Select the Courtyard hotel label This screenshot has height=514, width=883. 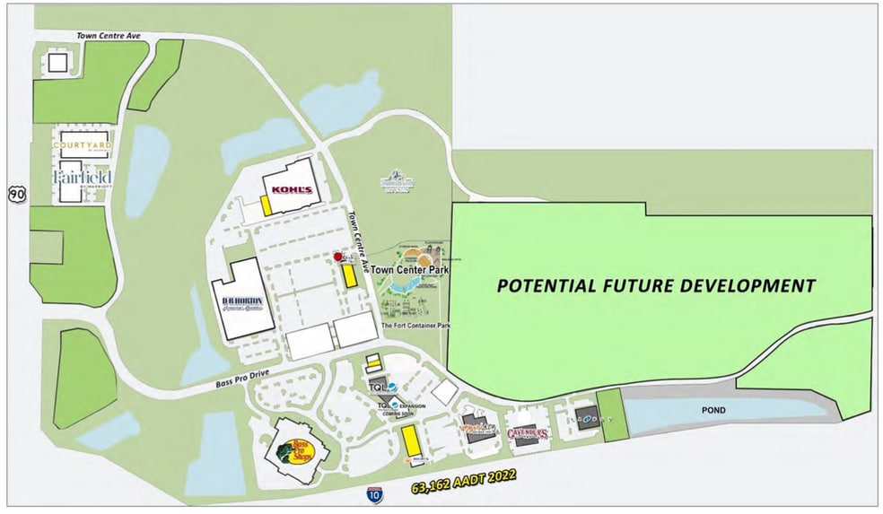[x=81, y=144]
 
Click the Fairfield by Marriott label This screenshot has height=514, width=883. [x=83, y=178]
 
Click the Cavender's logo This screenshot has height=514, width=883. [x=528, y=434]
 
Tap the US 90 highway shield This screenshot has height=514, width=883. [x=16, y=191]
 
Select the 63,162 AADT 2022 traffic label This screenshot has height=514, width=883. [x=464, y=482]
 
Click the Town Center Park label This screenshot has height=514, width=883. [x=410, y=269]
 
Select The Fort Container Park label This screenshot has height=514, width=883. [x=415, y=326]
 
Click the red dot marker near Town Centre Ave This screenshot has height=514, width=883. [x=338, y=257]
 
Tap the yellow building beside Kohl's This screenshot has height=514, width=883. [x=267, y=205]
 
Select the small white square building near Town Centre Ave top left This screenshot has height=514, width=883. [x=57, y=62]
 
